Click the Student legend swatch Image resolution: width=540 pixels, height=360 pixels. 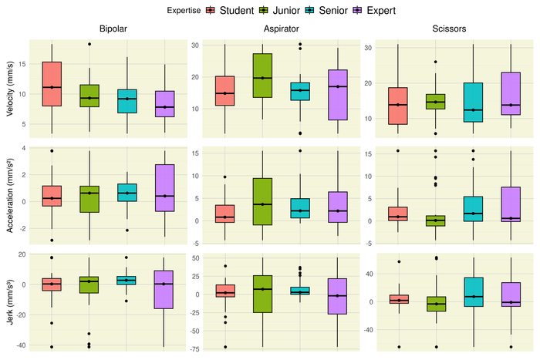211,11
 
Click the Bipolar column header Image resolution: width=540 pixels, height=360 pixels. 113,29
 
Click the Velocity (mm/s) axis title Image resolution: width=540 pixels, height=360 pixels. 8,87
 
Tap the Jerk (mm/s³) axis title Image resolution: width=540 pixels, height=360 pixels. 8,298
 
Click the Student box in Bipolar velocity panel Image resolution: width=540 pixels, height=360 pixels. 51,83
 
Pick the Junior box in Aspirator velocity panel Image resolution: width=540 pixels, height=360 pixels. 263,76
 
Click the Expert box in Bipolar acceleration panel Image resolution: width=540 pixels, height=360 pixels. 165,187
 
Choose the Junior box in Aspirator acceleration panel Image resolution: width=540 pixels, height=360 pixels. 263,201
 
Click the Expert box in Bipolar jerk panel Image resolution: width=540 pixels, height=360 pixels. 165,289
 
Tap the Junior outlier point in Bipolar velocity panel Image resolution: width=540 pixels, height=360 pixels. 89,44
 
